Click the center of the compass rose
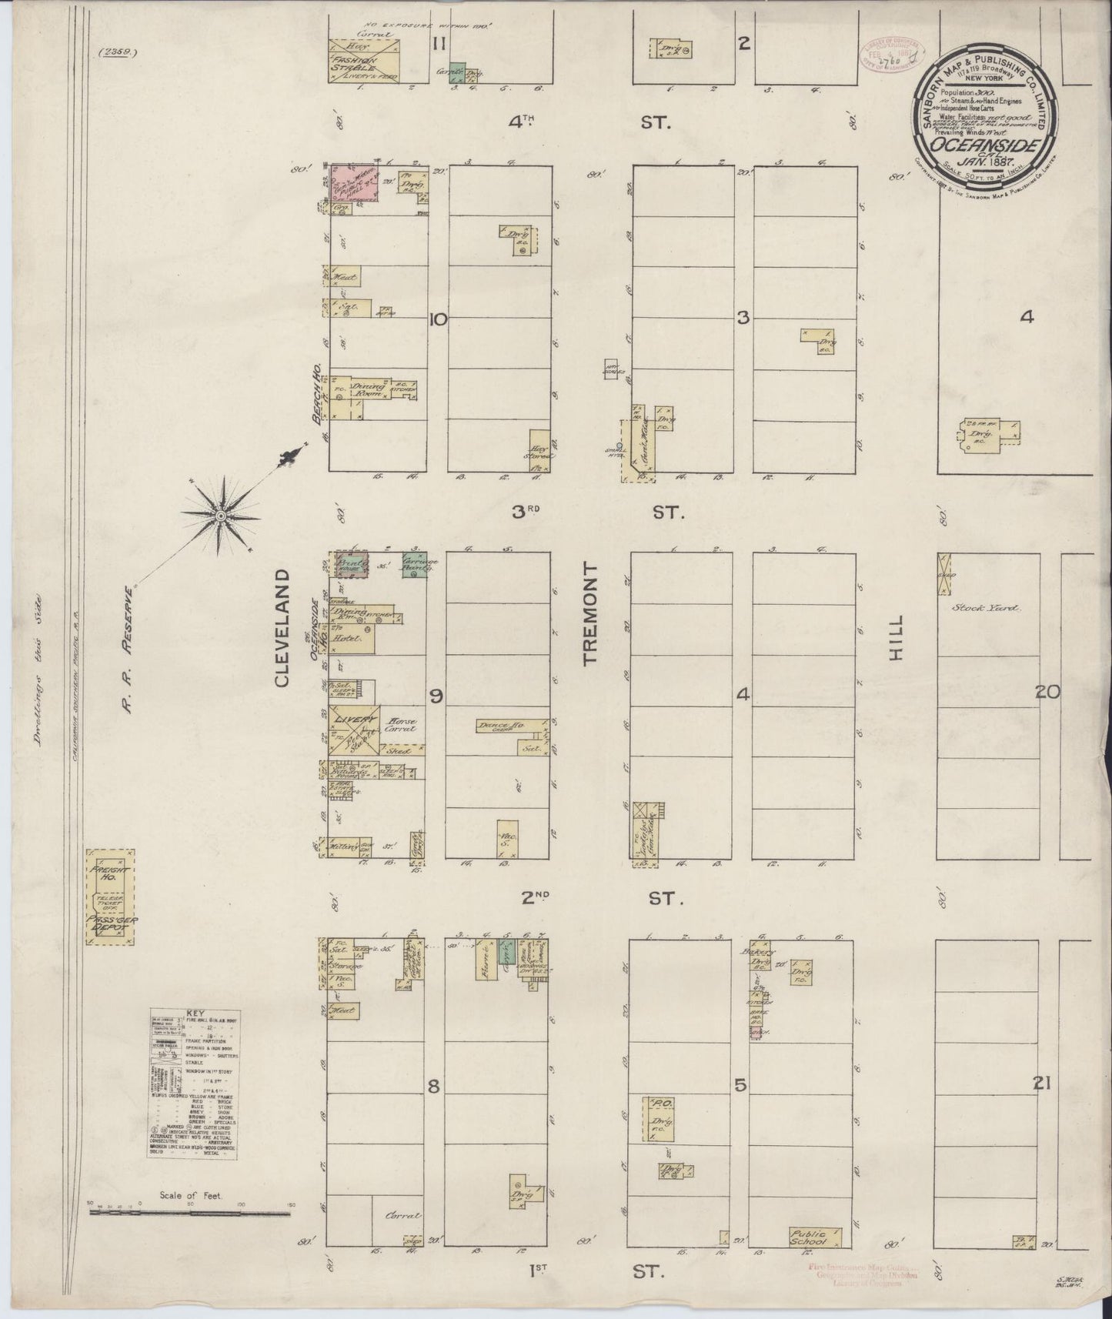tap(221, 514)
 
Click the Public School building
tap(815, 1237)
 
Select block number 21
tap(1042, 1084)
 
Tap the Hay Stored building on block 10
tap(539, 451)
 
